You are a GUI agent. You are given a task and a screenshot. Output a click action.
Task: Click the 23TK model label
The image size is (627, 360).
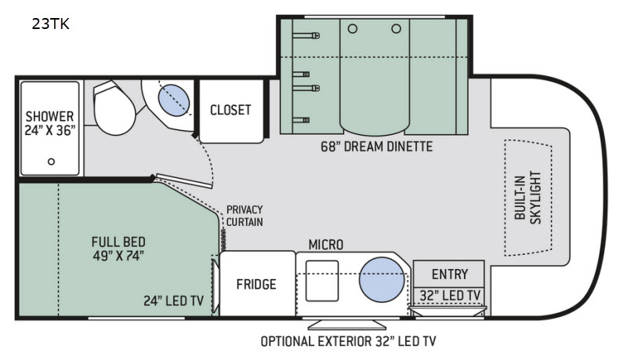click(51, 24)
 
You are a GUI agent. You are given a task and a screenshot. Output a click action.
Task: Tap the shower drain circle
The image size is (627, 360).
click(51, 162)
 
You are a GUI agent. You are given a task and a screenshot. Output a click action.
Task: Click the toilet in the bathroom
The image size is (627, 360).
click(114, 107)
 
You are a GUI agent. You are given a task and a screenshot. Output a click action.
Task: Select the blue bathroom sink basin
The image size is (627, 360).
click(174, 100)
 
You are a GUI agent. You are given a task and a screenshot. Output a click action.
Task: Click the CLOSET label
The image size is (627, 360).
click(230, 110)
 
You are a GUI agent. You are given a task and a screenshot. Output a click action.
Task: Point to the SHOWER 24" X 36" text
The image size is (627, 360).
click(50, 123)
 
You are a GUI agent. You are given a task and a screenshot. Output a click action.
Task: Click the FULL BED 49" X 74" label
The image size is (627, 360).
click(118, 249)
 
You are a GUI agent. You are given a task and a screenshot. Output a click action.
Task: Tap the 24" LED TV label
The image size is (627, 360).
click(174, 301)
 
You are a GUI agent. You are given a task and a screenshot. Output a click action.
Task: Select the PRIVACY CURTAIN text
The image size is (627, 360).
click(245, 216)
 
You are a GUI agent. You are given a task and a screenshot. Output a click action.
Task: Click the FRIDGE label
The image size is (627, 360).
click(256, 285)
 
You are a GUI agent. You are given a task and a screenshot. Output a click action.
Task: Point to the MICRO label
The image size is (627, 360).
click(326, 245)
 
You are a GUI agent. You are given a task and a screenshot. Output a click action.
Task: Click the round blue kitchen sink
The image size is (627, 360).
click(382, 279)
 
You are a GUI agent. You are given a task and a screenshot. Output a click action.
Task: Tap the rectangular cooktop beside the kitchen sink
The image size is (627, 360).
click(322, 281)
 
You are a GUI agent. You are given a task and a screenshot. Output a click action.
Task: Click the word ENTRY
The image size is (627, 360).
click(450, 275)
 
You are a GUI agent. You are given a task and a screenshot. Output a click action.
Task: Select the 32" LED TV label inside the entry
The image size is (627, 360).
click(450, 296)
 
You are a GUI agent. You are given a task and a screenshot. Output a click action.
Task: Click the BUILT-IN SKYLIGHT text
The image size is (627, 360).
click(527, 198)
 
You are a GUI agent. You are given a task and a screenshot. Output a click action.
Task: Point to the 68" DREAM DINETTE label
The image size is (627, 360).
click(377, 147)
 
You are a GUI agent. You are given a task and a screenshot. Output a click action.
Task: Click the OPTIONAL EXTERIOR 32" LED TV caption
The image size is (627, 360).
click(348, 341)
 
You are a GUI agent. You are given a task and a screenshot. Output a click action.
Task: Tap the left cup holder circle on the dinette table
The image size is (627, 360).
click(353, 29)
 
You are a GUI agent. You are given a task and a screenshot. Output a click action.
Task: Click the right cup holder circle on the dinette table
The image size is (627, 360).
click(397, 29)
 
